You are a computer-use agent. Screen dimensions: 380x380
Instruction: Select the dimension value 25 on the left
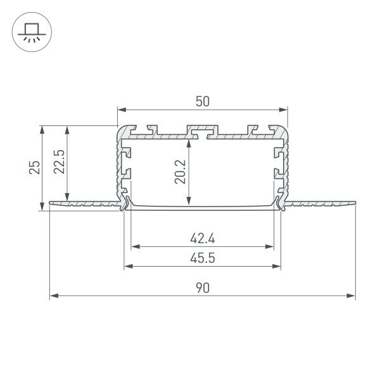pyautogui.click(x=35, y=167)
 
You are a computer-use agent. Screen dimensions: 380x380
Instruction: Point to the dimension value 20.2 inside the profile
pyautogui.click(x=180, y=171)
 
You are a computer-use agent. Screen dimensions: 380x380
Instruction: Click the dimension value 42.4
pyautogui.click(x=202, y=238)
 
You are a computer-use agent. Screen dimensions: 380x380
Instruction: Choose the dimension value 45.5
pyautogui.click(x=202, y=258)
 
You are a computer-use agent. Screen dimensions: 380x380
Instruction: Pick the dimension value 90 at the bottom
pyautogui.click(x=202, y=288)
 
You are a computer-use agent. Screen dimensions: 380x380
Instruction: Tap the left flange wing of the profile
pyautogui.click(x=82, y=204)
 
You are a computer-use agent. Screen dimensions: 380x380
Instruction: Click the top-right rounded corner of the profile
pyautogui.click(x=284, y=129)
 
